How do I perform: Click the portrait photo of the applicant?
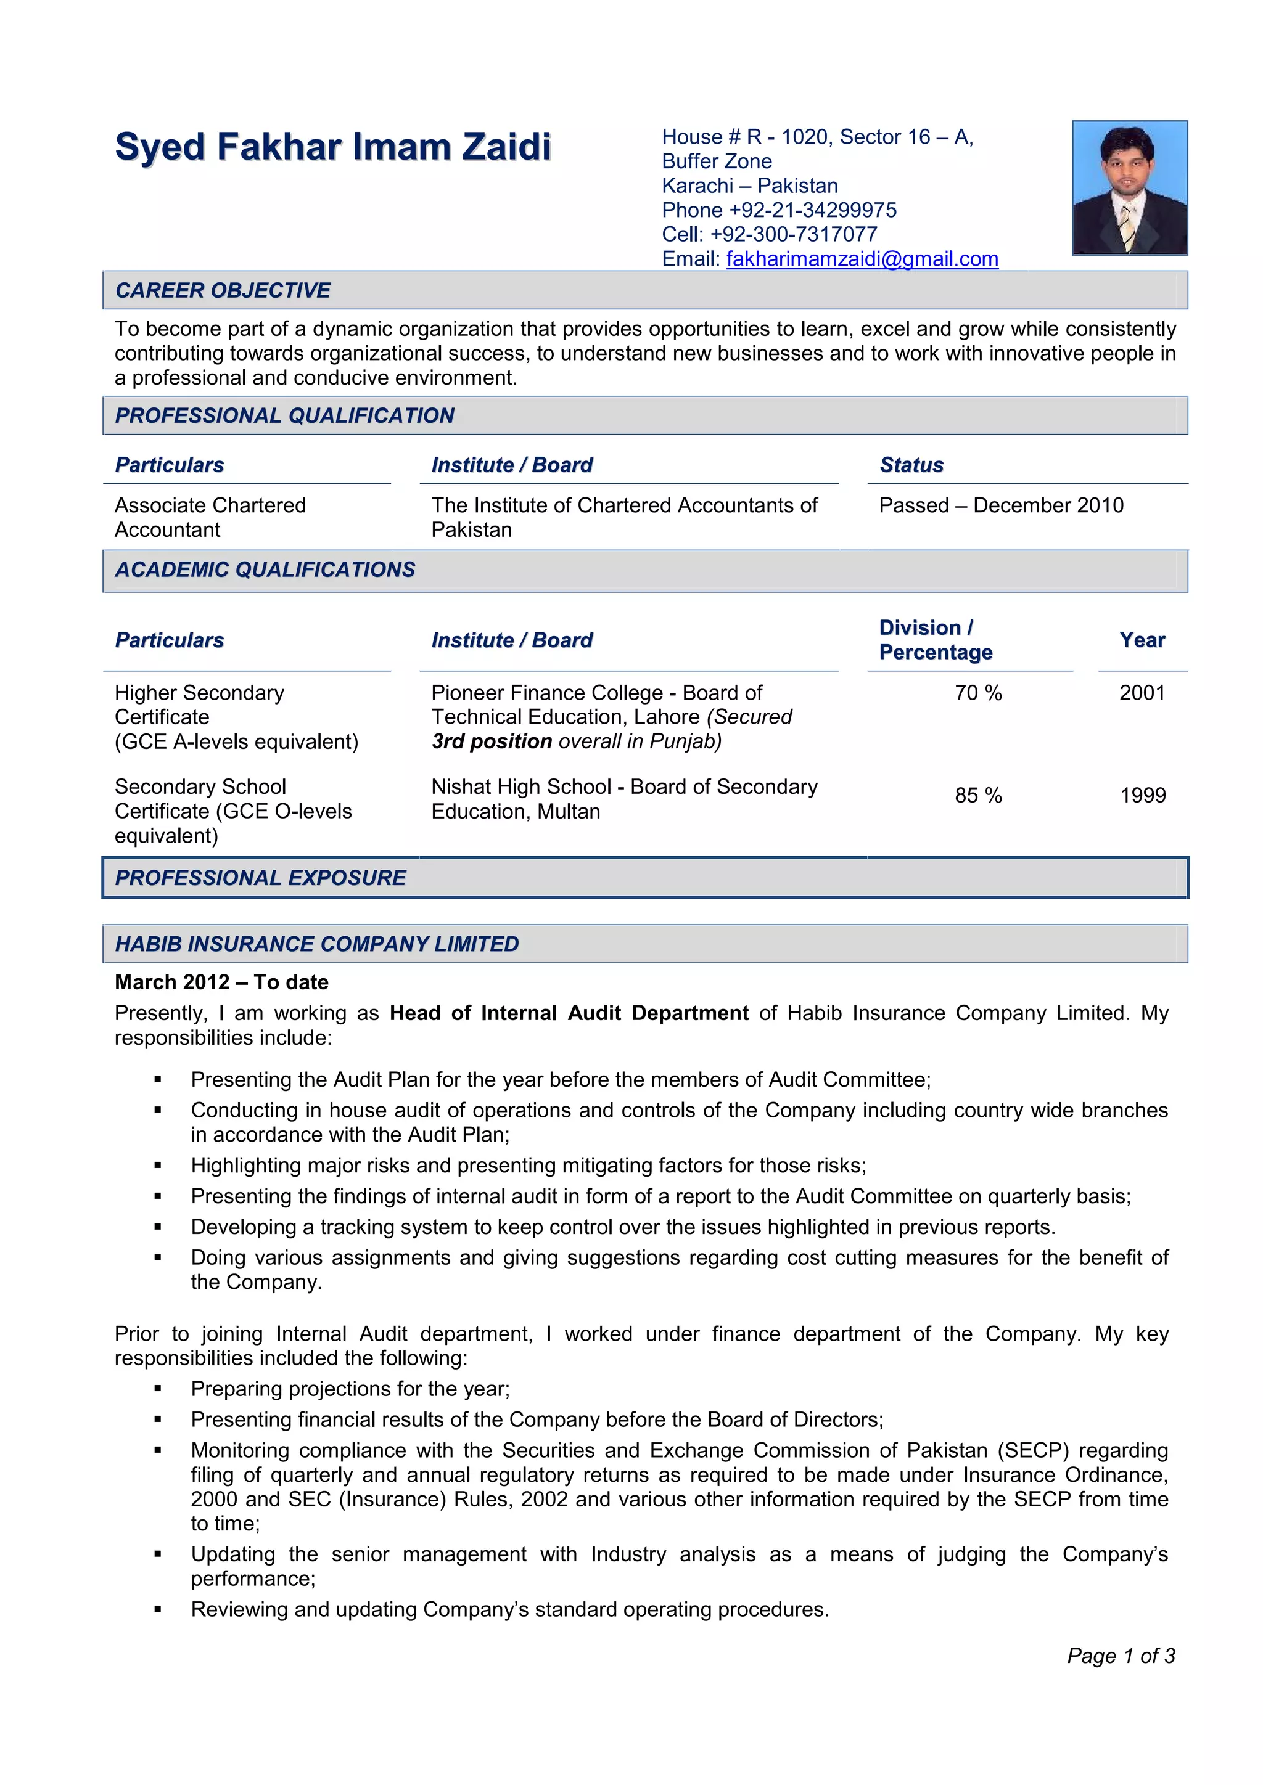(x=1129, y=187)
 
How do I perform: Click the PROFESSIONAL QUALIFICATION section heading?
(x=285, y=415)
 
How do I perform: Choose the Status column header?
(x=911, y=465)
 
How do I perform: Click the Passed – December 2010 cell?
(x=1001, y=505)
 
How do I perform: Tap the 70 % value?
(x=977, y=693)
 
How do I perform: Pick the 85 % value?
(x=977, y=795)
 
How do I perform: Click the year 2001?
(x=1142, y=693)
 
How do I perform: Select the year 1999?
(x=1142, y=795)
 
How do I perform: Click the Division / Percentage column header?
(x=936, y=640)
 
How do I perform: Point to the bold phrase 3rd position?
(x=492, y=741)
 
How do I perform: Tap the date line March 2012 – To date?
(x=221, y=982)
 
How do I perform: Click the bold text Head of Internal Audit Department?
(x=569, y=1013)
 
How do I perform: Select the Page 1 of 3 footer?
(x=1120, y=1656)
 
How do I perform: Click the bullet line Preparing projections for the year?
(x=350, y=1389)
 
